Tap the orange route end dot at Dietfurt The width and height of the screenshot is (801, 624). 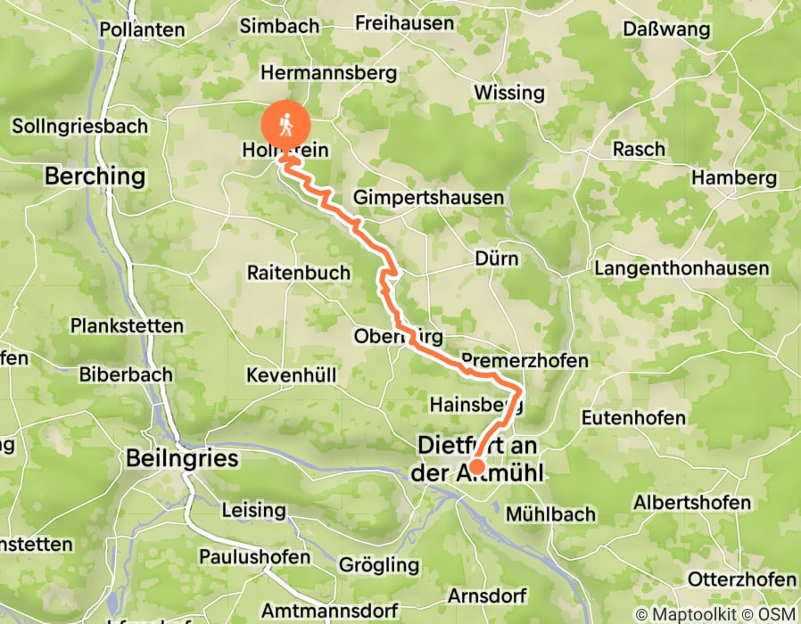477,466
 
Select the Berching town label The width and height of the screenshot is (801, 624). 95,176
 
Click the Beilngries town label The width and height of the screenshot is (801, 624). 182,459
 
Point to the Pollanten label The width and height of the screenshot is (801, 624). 142,29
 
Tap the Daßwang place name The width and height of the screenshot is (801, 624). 667,29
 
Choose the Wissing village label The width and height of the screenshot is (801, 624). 508,93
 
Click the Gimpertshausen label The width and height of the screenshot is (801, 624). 429,197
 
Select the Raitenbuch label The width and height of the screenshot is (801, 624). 299,273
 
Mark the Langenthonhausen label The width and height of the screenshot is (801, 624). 681,268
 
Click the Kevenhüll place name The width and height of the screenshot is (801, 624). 292,375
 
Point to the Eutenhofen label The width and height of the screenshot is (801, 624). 633,417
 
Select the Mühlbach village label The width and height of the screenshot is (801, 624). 549,514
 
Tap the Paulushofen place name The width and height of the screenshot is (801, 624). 255,558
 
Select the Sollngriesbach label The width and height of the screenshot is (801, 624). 80,127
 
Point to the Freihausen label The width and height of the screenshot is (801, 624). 405,23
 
